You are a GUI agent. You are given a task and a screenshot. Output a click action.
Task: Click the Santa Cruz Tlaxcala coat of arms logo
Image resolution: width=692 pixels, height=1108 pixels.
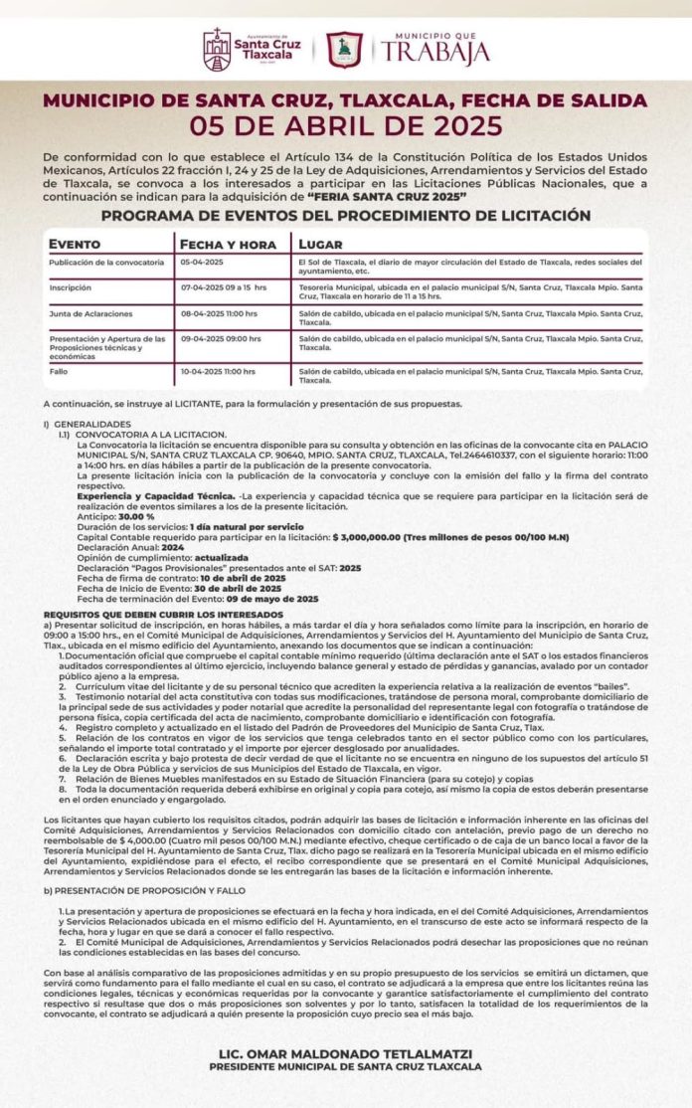click(x=217, y=48)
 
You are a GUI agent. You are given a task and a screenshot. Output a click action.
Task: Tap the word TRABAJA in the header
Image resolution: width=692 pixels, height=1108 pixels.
click(x=432, y=52)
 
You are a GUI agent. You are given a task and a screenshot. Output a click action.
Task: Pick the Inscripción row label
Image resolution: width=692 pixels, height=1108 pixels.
click(x=72, y=286)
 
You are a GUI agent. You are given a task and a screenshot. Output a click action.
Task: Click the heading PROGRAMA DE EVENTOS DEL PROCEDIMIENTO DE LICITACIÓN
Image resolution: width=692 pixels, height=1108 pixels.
click(x=345, y=216)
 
